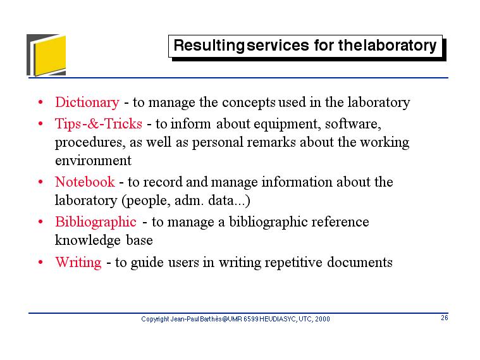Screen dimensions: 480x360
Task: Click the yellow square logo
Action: (x=49, y=55)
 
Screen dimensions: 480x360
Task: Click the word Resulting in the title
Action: (x=209, y=46)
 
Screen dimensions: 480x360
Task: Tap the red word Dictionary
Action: (x=87, y=102)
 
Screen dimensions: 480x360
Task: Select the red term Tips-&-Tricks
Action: (x=98, y=123)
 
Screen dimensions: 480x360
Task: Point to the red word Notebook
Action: (x=85, y=182)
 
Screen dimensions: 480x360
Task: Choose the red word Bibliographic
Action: (x=95, y=222)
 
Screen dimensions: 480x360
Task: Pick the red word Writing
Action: (x=78, y=263)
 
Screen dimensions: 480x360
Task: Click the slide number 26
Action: (x=445, y=318)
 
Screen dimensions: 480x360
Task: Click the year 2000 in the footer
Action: (x=323, y=319)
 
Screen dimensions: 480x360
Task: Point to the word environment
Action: (x=93, y=161)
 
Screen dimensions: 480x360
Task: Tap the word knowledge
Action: (x=87, y=240)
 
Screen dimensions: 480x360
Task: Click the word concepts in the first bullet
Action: (x=249, y=102)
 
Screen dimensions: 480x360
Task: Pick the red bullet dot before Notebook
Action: (x=40, y=182)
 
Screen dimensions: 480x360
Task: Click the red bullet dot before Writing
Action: (x=40, y=263)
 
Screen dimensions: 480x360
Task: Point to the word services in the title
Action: (x=278, y=46)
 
